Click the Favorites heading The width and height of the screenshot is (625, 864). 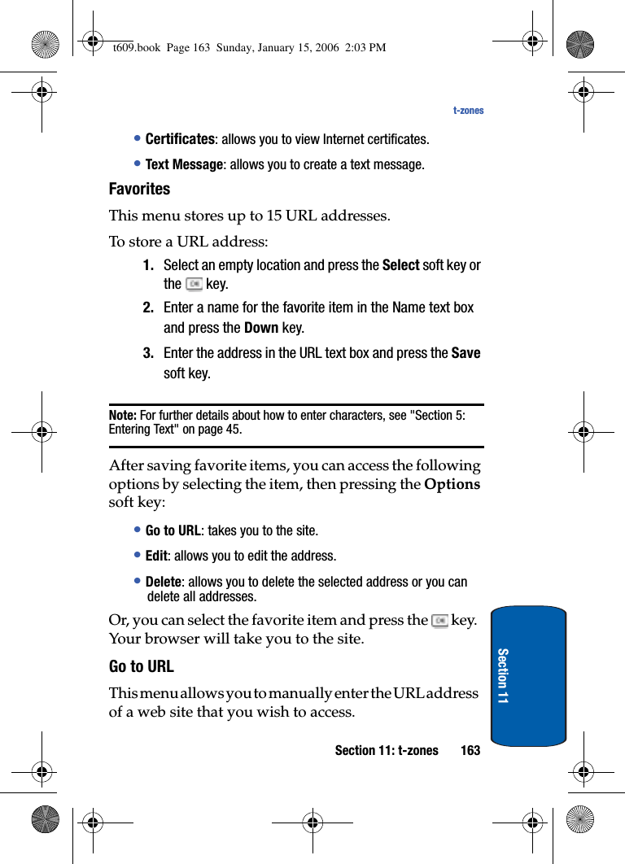(x=139, y=189)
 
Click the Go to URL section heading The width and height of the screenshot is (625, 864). (x=141, y=666)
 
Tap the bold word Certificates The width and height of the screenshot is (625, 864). (x=180, y=139)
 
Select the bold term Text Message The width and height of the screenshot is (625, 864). (x=184, y=164)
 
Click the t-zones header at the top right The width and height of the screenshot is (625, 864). (x=468, y=111)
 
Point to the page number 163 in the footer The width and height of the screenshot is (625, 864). (x=470, y=750)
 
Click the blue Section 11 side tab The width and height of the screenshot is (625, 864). (x=528, y=675)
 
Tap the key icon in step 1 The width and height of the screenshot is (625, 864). (x=194, y=284)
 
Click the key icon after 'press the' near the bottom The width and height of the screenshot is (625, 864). (x=440, y=621)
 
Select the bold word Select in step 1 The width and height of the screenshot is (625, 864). (x=400, y=265)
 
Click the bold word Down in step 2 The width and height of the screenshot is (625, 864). (x=261, y=328)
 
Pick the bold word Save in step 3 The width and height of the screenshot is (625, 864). (x=465, y=353)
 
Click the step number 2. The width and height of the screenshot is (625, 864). (x=148, y=308)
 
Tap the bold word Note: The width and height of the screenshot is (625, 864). (x=123, y=415)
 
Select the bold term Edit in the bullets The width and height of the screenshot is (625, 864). (x=156, y=556)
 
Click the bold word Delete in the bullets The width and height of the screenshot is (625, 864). (x=163, y=582)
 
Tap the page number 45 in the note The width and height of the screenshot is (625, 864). (x=233, y=429)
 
